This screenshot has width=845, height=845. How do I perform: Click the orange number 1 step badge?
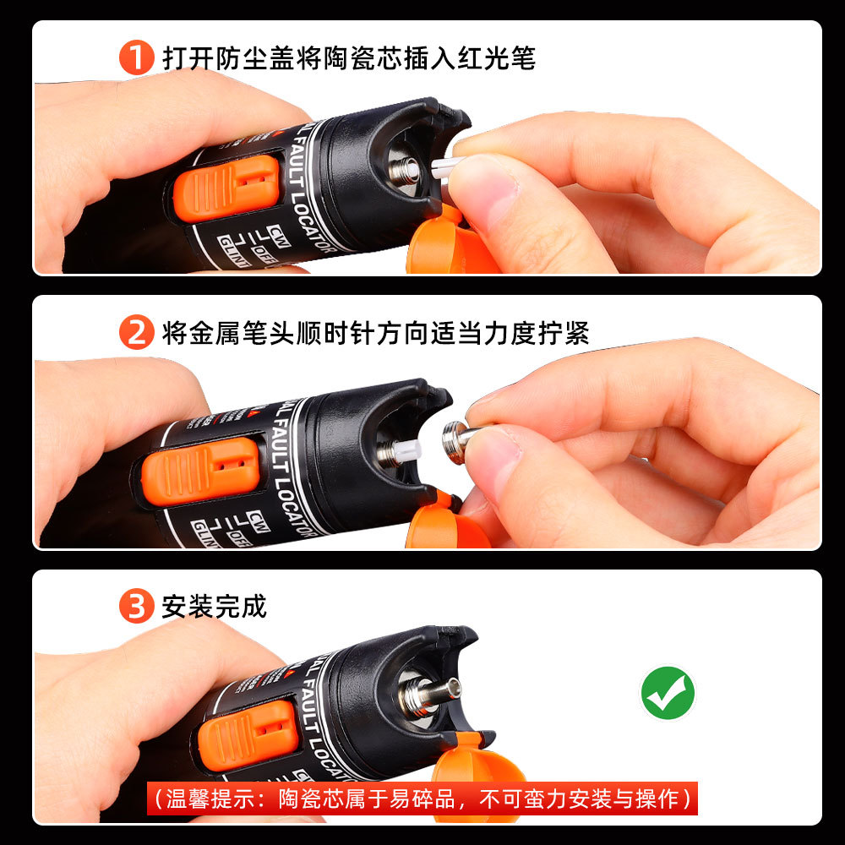135,58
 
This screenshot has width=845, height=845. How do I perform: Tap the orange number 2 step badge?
135,332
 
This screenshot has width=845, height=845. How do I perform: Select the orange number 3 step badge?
135,607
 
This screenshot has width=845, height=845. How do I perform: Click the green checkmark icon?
668,693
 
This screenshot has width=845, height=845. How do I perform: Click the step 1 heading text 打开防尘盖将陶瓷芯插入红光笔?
348,58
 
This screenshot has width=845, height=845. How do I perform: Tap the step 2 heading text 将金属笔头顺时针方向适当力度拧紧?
375,332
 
